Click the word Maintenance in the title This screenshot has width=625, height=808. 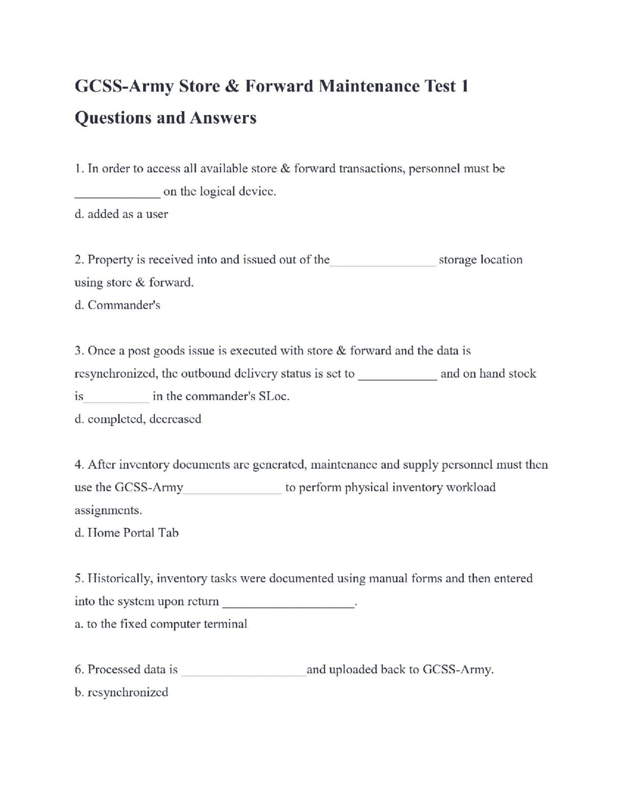pos(369,86)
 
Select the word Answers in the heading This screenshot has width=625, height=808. pos(223,118)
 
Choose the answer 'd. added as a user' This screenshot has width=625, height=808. pos(121,214)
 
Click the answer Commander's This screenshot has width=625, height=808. pos(124,305)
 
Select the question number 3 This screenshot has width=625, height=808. pos(79,351)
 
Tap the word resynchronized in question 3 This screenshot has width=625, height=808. pos(115,374)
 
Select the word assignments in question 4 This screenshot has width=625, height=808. pos(108,510)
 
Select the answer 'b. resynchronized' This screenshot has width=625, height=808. pos(121,692)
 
